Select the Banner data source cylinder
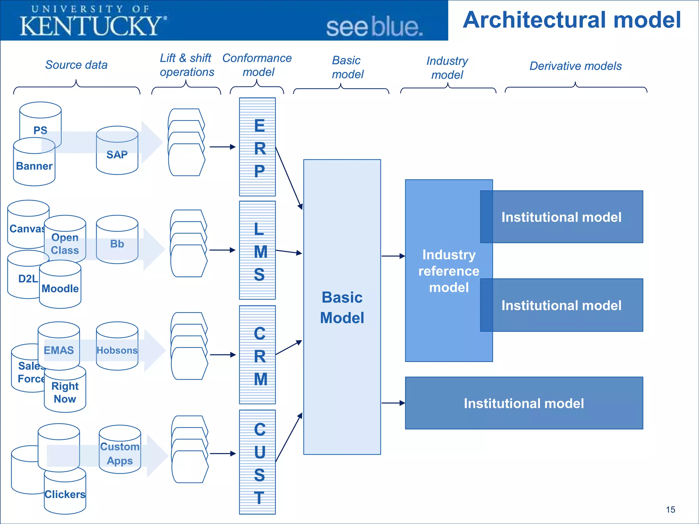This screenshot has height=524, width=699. [x=34, y=166]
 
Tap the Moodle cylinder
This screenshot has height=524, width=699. [x=60, y=289]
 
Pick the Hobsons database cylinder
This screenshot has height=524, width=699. [x=117, y=350]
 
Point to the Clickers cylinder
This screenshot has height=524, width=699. [x=65, y=494]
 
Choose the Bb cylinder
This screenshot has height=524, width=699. [x=117, y=244]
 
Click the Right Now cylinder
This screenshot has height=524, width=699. [x=65, y=392]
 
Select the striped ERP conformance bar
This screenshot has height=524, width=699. [x=257, y=147]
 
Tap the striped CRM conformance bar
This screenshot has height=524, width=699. [x=257, y=355]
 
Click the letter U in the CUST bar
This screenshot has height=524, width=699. [x=259, y=452]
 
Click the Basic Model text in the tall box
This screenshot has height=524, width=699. [x=342, y=307]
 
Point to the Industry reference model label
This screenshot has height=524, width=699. [x=448, y=271]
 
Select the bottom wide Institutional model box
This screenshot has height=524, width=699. [x=524, y=403]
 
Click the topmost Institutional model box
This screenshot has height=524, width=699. [x=561, y=217]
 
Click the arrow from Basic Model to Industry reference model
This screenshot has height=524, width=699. [x=393, y=256]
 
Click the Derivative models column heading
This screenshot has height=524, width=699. [x=575, y=66]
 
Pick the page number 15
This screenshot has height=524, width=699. [x=670, y=510]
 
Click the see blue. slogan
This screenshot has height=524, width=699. [x=374, y=27]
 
